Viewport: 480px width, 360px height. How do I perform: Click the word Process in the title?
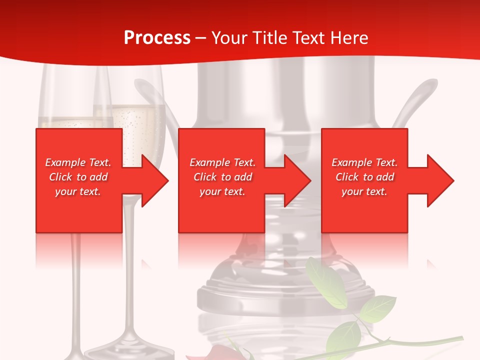pyautogui.click(x=157, y=38)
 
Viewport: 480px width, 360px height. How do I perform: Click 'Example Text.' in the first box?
pyautogui.click(x=78, y=162)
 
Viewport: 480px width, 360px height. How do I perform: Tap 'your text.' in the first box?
pyautogui.click(x=78, y=191)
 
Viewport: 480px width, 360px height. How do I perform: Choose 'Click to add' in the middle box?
pyautogui.click(x=222, y=177)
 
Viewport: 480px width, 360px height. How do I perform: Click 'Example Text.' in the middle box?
pyautogui.click(x=222, y=162)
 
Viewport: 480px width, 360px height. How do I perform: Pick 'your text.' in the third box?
pyautogui.click(x=364, y=191)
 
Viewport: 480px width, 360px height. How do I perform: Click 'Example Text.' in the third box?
pyautogui.click(x=364, y=162)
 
